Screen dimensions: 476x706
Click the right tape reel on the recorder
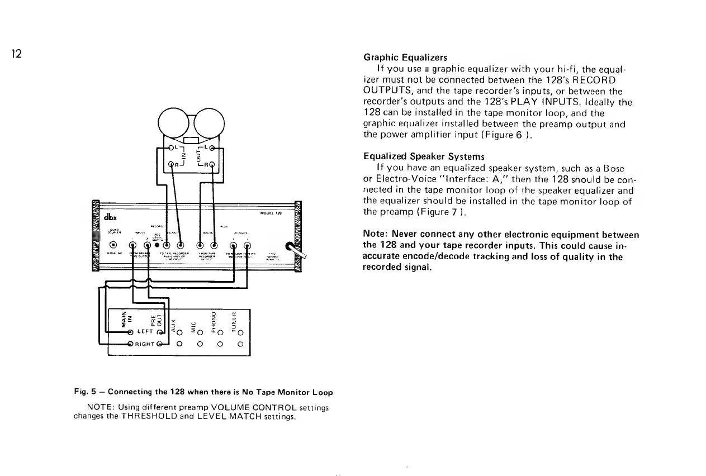coord(208,121)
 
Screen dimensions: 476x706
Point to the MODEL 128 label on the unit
coord(271,213)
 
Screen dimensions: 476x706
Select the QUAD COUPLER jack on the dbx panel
coord(113,245)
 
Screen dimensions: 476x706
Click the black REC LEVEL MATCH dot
coord(158,245)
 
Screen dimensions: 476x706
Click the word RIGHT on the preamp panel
coord(144,344)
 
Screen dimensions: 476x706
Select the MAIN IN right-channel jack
coord(130,344)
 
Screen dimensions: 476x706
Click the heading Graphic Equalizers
coord(405,57)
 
